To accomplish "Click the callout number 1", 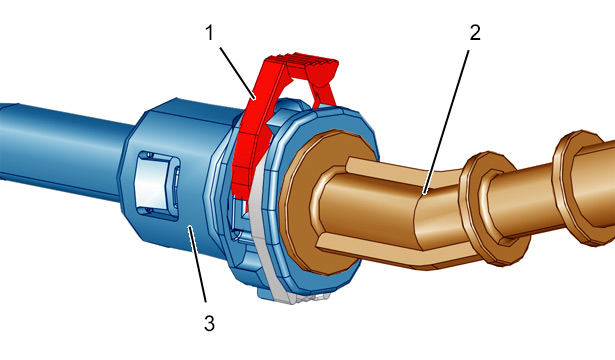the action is [210, 33].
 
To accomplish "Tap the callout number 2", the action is [475, 32].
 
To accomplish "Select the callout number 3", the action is [209, 324].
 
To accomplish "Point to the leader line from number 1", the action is [237, 73].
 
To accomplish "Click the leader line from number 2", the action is [446, 122].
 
